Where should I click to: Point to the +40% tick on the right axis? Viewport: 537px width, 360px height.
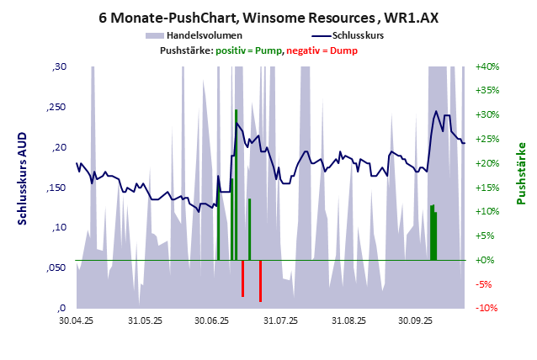pyautogui.click(x=487, y=66)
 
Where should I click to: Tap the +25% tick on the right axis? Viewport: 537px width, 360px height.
pyautogui.click(x=487, y=139)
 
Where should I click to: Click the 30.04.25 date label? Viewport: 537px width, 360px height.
pyautogui.click(x=76, y=320)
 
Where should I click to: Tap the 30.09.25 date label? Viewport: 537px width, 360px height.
pyautogui.click(x=415, y=320)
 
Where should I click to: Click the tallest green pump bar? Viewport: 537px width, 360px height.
pyautogui.click(x=237, y=185)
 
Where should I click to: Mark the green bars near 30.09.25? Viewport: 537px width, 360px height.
pyautogui.click(x=433, y=233)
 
